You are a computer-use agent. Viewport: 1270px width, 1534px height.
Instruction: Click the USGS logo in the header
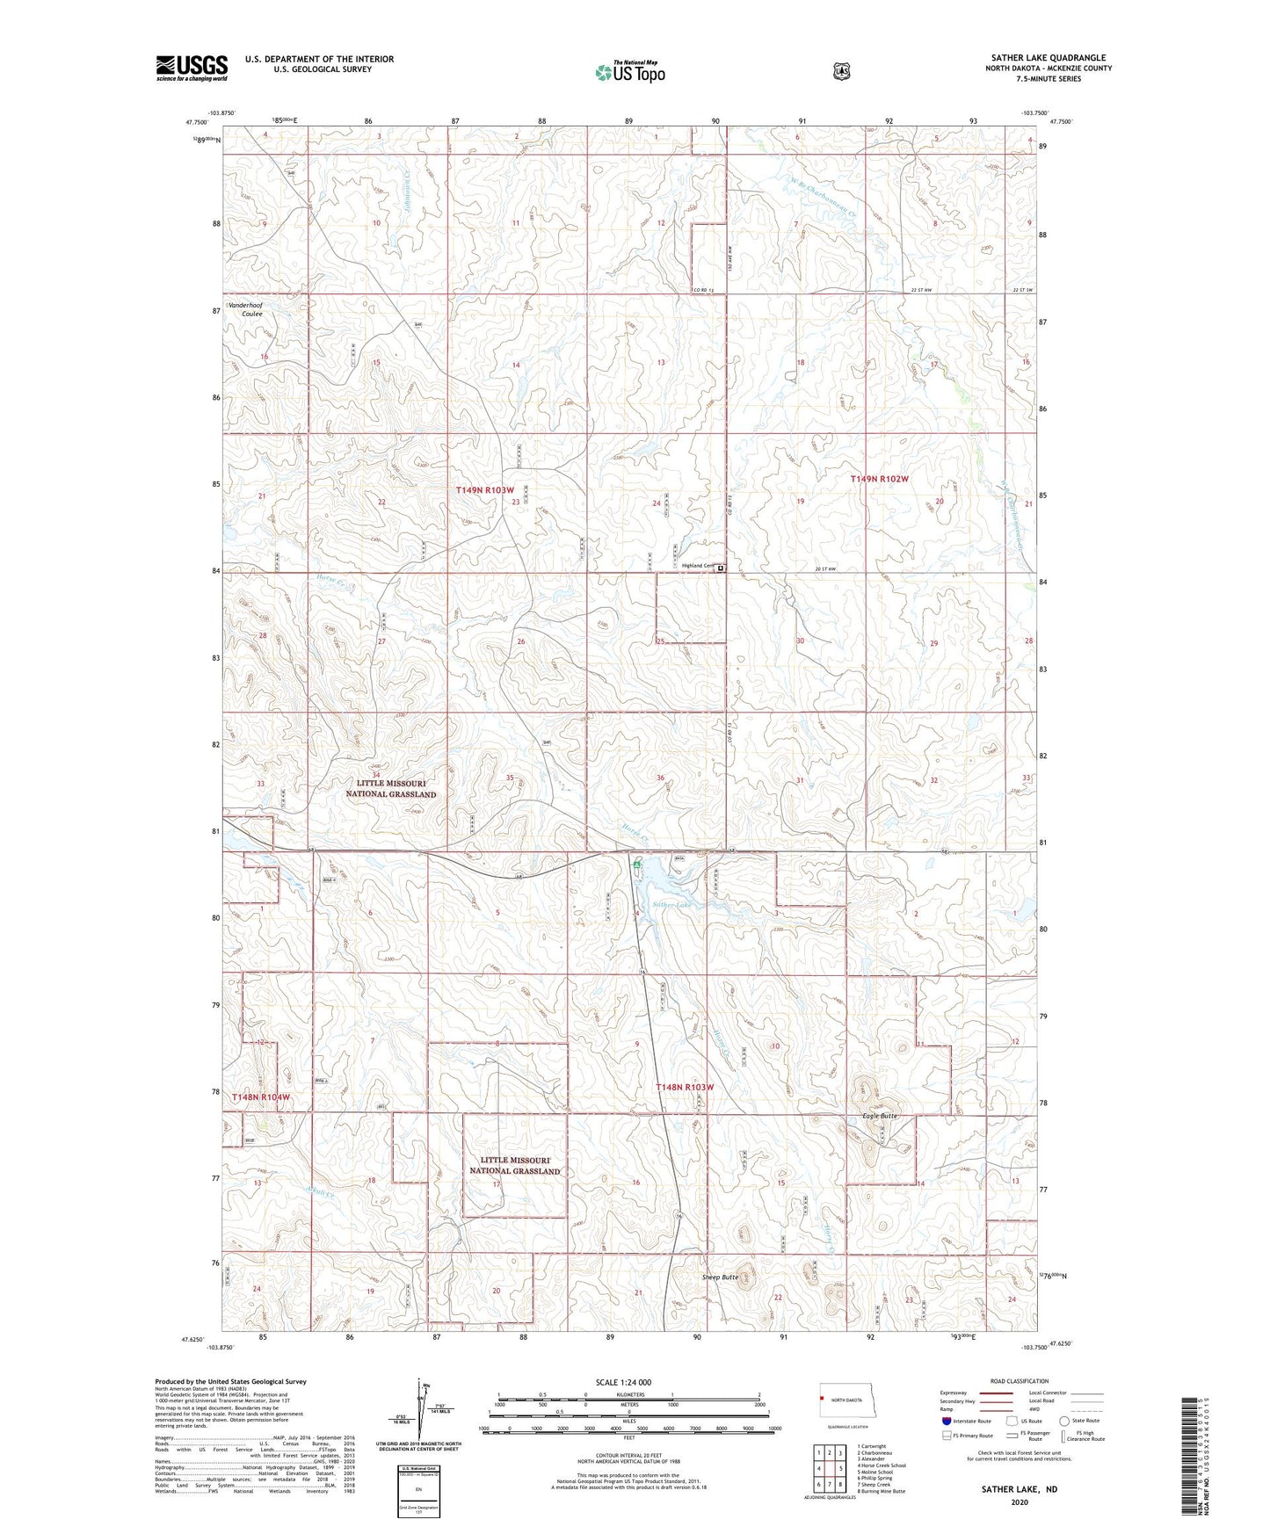[x=192, y=68]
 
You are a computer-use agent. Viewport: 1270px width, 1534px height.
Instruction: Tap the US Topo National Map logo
[x=630, y=71]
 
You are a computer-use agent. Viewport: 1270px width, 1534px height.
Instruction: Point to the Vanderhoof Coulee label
[x=245, y=309]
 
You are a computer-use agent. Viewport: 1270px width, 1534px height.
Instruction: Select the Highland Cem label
[x=698, y=566]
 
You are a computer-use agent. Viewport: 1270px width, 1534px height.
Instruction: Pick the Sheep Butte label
[x=720, y=1277]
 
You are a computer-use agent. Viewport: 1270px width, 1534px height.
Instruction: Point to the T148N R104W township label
[x=260, y=1097]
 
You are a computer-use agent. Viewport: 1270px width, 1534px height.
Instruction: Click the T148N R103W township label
[x=686, y=1087]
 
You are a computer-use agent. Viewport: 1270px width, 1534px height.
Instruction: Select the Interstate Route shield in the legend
[x=947, y=1421]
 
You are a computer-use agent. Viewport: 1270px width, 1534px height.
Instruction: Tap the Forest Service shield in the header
[x=842, y=70]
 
